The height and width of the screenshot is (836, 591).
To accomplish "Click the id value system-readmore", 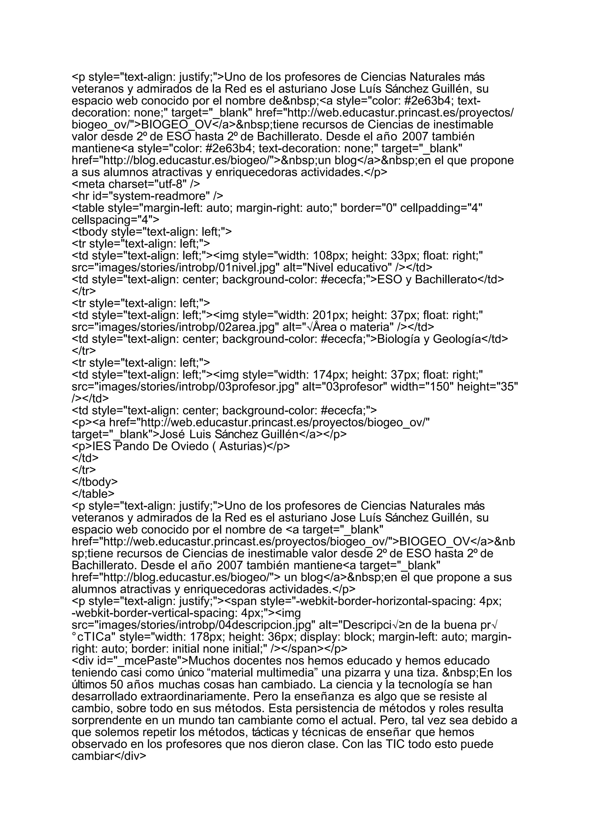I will [x=162, y=196].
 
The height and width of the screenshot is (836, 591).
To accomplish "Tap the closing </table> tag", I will [x=93, y=494].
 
